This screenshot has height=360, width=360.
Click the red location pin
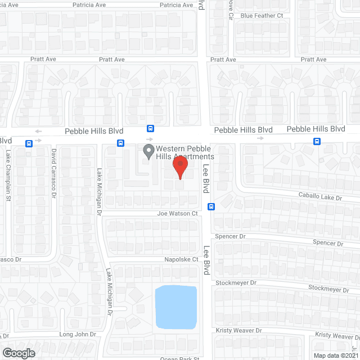(179, 167)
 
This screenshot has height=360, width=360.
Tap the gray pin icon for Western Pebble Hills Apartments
(148, 151)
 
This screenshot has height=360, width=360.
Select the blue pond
(176, 307)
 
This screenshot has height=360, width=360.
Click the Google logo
(19, 353)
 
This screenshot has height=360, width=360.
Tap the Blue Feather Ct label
(262, 16)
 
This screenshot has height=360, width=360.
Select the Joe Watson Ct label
(178, 214)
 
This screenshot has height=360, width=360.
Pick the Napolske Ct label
(179, 259)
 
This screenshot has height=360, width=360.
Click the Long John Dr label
(78, 334)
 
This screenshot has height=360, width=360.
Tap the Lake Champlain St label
(8, 175)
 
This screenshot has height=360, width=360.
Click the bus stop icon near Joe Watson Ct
(211, 206)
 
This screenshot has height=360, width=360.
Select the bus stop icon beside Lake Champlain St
(29, 143)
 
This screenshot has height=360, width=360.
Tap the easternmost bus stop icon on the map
(317, 141)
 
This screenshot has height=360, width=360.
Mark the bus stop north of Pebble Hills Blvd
(150, 128)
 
